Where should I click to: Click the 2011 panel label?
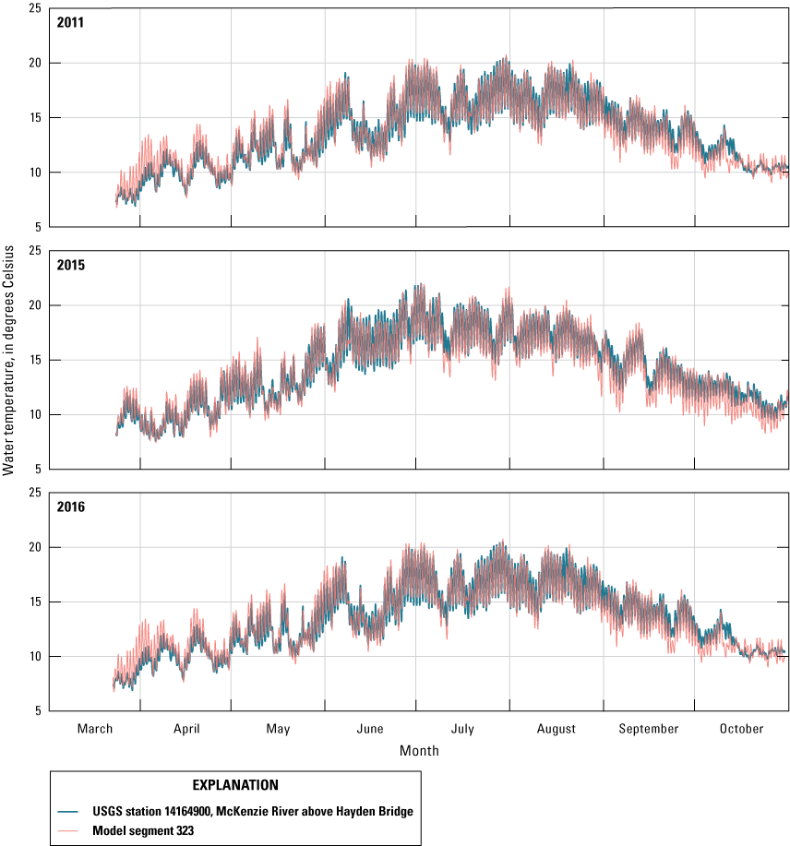point(69,23)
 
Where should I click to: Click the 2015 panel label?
point(69,265)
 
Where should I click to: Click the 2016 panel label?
point(69,506)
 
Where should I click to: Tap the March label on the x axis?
point(94,729)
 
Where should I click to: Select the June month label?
point(370,729)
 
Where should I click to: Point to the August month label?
point(557,729)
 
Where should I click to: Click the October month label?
point(742,729)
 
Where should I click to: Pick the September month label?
point(649,729)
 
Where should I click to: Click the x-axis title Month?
point(419,751)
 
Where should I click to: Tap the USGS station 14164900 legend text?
point(251,811)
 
